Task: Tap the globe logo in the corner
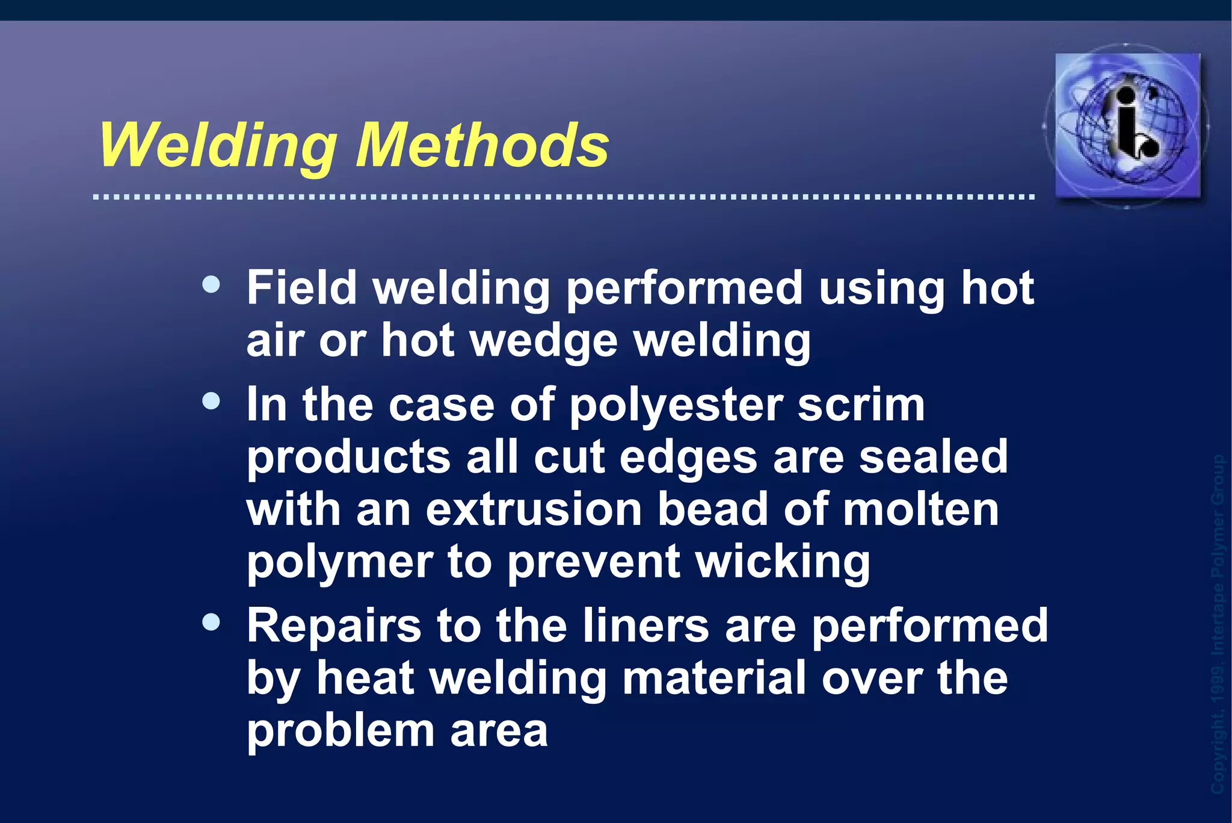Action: click(x=1127, y=125)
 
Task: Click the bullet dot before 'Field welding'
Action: click(x=211, y=284)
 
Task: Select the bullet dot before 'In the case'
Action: click(x=211, y=401)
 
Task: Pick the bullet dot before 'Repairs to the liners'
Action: click(x=211, y=622)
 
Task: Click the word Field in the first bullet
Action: click(x=302, y=288)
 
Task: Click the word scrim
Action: click(x=861, y=405)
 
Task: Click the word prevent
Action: click(x=593, y=563)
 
